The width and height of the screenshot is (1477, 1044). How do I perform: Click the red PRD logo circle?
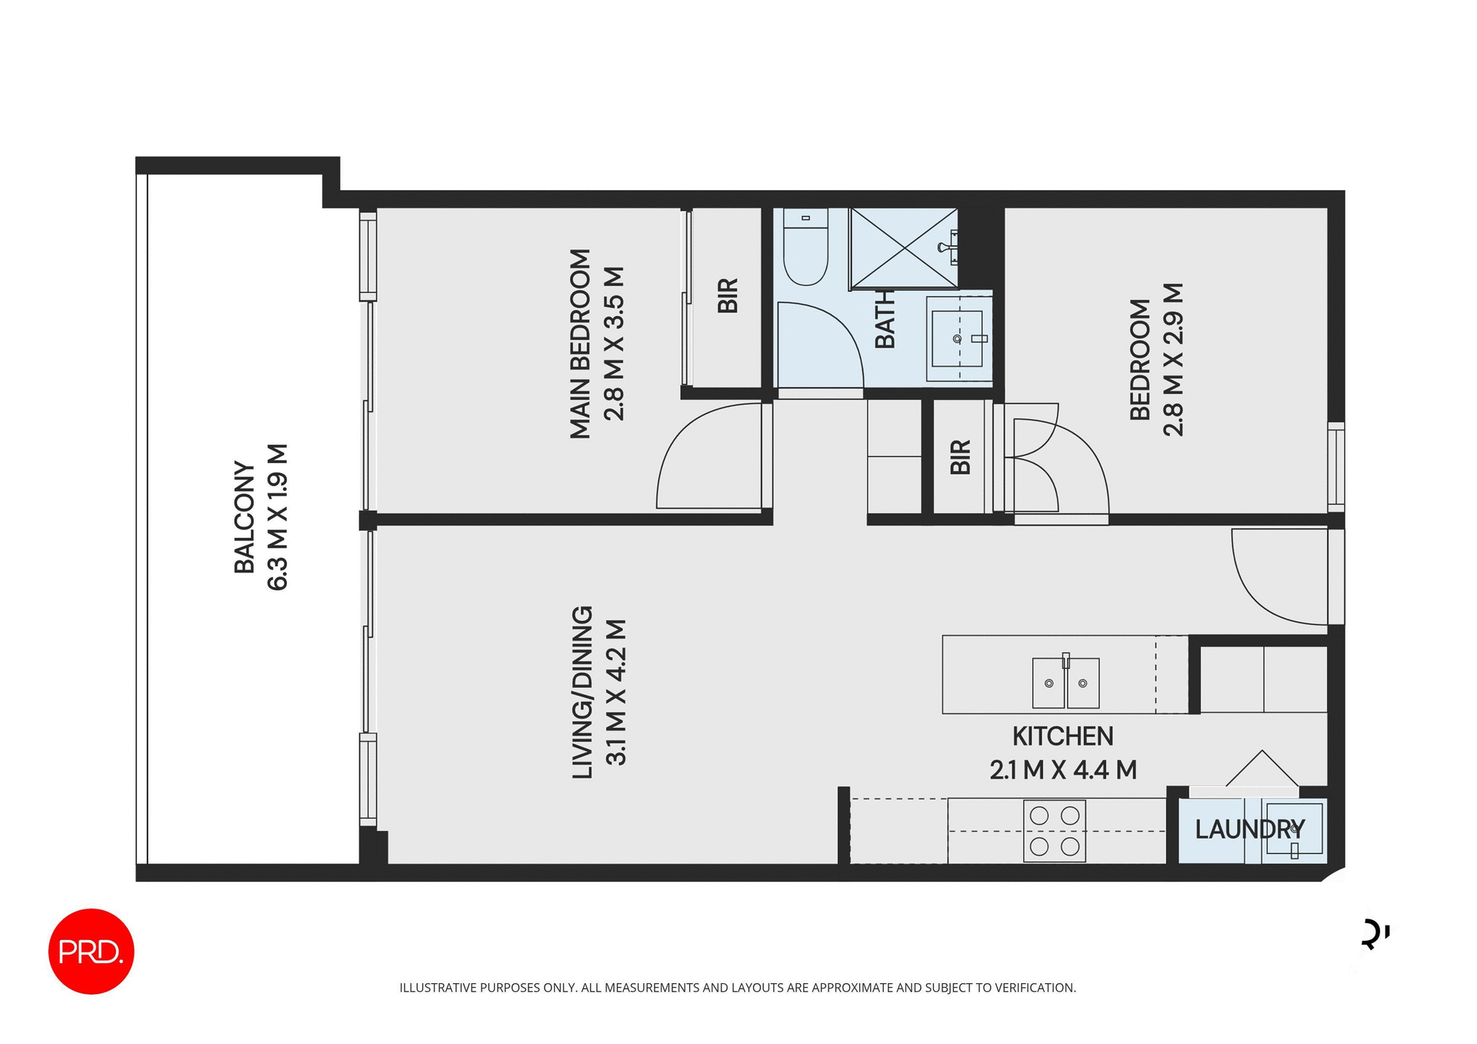coord(91,952)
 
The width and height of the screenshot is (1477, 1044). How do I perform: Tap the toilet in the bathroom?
coord(805,248)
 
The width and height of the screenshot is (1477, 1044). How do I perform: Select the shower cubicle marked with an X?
coord(903,248)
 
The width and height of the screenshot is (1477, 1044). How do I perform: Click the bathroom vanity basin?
coord(957,339)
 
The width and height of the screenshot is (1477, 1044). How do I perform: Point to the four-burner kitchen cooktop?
coord(1054,831)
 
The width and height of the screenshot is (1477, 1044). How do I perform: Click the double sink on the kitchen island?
coord(1065,682)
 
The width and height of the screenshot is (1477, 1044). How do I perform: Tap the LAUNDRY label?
coord(1249,829)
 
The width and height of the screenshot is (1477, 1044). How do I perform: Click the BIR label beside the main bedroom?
coord(728,296)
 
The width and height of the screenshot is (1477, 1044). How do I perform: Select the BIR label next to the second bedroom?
coord(960,457)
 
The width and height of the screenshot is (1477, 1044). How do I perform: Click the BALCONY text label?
coord(244,517)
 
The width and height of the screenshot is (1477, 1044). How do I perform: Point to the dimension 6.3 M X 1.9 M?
coord(277,517)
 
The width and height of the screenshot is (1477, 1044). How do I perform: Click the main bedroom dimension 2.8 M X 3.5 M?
coord(615,343)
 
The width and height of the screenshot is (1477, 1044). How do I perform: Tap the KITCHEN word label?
coord(1062,736)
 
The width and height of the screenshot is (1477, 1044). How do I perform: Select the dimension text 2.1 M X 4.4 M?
coord(1062,769)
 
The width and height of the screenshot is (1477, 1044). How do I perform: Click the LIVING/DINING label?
coord(582,692)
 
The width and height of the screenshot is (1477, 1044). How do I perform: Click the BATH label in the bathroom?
coord(885,319)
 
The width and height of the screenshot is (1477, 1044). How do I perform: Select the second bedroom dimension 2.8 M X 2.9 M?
coord(1173,360)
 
